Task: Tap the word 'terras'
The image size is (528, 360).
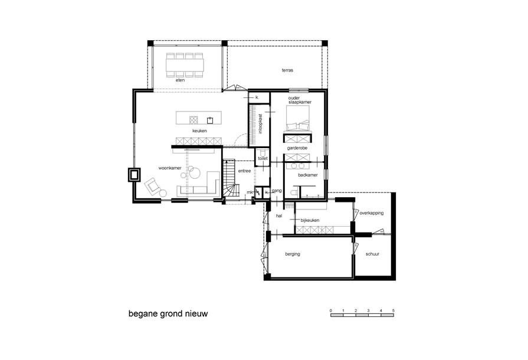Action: [x=288, y=70]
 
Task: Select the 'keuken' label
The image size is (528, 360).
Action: [x=198, y=130]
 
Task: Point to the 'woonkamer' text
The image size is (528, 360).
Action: [x=169, y=168]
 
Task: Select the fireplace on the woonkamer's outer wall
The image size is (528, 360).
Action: [x=135, y=174]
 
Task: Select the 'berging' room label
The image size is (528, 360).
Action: [x=293, y=254]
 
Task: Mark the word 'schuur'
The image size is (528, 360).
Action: [x=372, y=254]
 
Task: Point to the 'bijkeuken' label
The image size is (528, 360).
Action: [x=310, y=220]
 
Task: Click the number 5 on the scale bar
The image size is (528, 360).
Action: [x=393, y=310]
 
